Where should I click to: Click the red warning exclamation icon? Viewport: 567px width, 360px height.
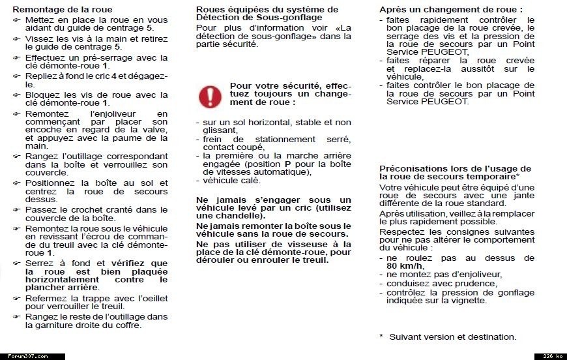tap(210, 97)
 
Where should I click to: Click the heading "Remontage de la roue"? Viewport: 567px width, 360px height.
tap(62, 10)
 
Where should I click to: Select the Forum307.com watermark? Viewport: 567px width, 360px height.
tap(25, 356)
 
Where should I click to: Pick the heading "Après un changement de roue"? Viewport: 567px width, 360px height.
tap(451, 10)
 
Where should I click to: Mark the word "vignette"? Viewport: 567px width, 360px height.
tap(468, 300)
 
